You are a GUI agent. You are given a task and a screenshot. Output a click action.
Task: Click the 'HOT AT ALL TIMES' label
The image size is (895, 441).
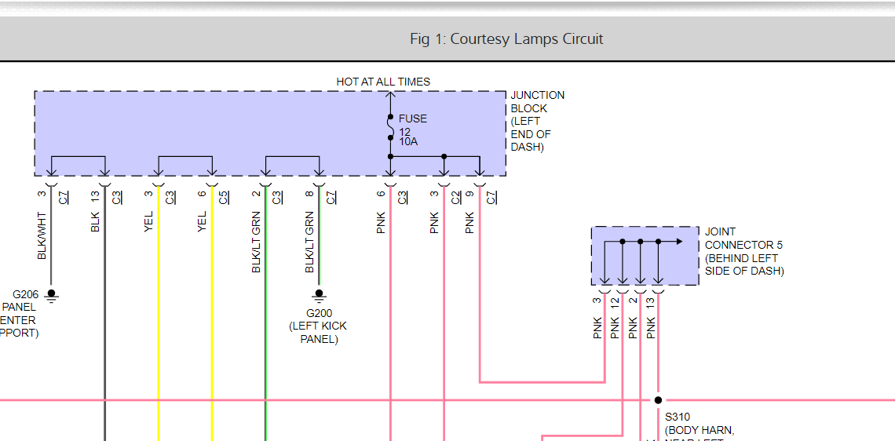pos(383,82)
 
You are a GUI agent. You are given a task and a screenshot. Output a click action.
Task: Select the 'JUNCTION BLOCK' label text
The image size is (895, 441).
pos(538,101)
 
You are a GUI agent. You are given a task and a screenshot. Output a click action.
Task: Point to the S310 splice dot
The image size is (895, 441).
pos(658,400)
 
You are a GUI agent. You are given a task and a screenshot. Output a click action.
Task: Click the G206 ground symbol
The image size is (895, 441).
pos(52,295)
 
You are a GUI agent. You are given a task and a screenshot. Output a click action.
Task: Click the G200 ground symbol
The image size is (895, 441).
pos(319,295)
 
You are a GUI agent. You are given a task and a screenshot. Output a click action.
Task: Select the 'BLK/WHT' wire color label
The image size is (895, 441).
pos(42,235)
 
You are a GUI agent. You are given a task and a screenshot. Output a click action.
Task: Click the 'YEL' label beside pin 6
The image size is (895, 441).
pos(203,221)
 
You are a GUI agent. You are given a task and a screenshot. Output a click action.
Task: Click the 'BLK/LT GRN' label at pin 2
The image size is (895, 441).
pos(256,242)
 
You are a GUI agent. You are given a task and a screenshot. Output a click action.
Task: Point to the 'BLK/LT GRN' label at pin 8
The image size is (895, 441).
pos(309,242)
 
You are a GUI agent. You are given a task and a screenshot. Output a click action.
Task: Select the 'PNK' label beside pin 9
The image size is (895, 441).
pos(469,223)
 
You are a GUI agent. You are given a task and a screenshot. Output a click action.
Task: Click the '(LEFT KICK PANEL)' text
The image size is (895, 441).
pos(319,333)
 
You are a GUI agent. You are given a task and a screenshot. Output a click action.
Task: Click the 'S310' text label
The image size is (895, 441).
pos(678,417)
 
